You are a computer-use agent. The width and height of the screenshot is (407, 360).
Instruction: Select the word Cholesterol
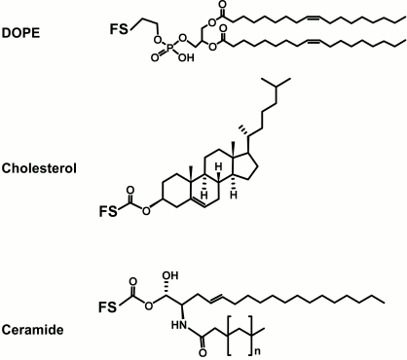point(39,166)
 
